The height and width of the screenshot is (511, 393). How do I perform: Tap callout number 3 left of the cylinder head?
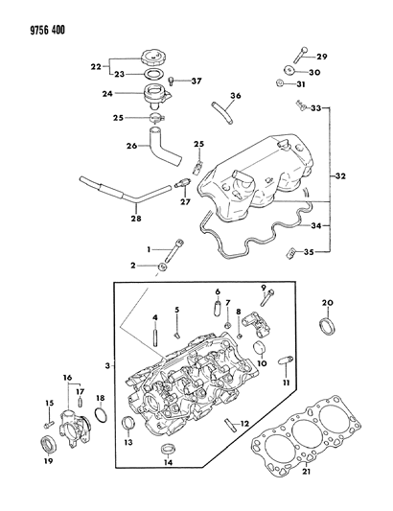(x=108, y=365)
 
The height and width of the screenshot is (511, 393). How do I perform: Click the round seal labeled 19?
(x=48, y=444)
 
